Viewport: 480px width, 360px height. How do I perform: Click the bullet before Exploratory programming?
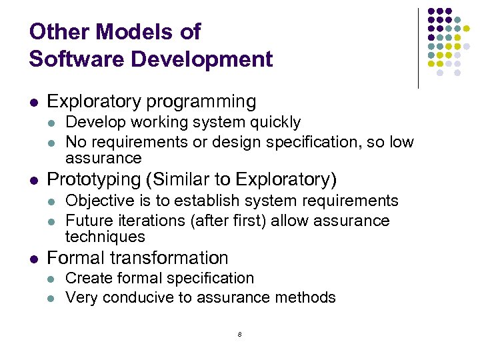[34, 103]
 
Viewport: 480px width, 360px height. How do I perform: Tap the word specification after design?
[338, 142]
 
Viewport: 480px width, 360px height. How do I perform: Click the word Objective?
[93, 201]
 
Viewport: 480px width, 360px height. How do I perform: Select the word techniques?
[105, 237]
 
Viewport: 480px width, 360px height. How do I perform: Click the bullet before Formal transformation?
[34, 259]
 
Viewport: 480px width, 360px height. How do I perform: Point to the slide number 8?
[239, 334]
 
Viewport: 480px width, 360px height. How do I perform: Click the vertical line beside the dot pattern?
[418, 48]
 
